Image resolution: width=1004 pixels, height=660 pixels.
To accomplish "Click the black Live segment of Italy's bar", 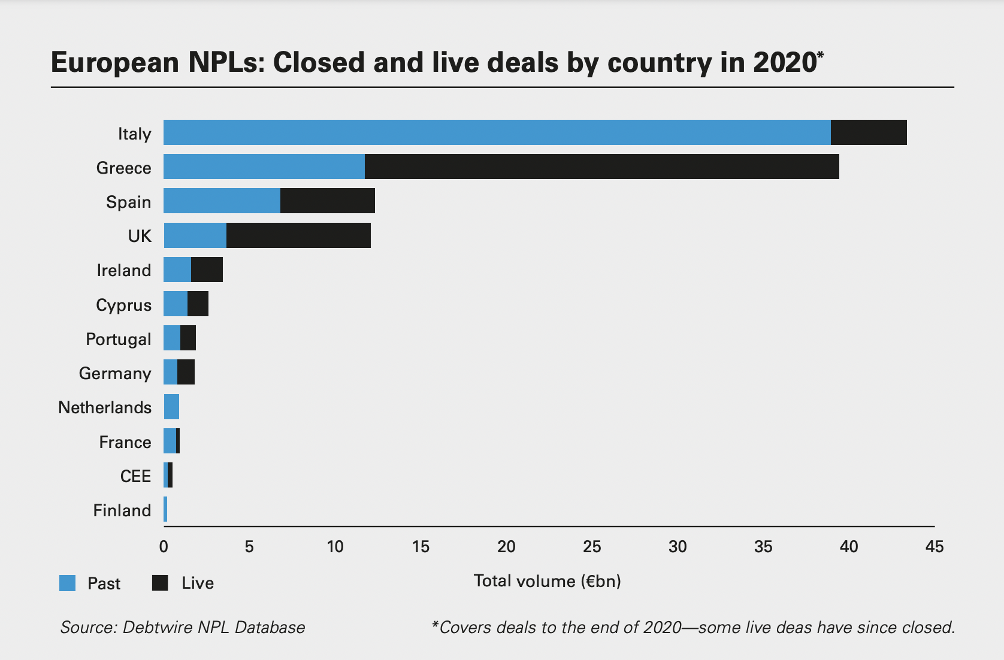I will [869, 132].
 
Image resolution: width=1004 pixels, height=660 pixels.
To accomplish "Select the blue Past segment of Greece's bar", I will [264, 166].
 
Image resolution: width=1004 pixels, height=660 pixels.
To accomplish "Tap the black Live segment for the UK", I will [298, 235].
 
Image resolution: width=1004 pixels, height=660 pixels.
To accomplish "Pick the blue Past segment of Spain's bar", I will [222, 201].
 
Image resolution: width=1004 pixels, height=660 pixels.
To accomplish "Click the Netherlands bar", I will [171, 407].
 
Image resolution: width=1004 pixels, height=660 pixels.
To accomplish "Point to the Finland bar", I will [165, 510].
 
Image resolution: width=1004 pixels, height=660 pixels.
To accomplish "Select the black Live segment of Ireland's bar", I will [207, 270].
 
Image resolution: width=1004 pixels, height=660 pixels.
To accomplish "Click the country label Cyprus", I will [123, 305].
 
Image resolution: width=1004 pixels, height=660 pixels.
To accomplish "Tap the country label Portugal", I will [118, 339].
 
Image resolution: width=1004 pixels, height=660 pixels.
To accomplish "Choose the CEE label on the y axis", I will [135, 476].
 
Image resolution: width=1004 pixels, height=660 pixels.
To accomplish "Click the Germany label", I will [115, 373].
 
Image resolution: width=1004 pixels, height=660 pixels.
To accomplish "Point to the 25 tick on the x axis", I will [592, 546].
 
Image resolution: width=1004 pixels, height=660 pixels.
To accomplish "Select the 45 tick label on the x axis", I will [934, 546].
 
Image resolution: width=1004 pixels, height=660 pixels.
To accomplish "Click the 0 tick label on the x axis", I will [164, 546].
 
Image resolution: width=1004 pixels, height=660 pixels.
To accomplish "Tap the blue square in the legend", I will [68, 583].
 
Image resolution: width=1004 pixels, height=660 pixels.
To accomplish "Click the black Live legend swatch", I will [160, 583].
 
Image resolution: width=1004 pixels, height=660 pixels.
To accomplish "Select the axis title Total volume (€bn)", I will [547, 581].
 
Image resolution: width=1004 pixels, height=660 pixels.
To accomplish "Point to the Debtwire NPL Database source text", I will [213, 627].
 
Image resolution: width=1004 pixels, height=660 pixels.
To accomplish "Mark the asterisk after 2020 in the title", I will [820, 56].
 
